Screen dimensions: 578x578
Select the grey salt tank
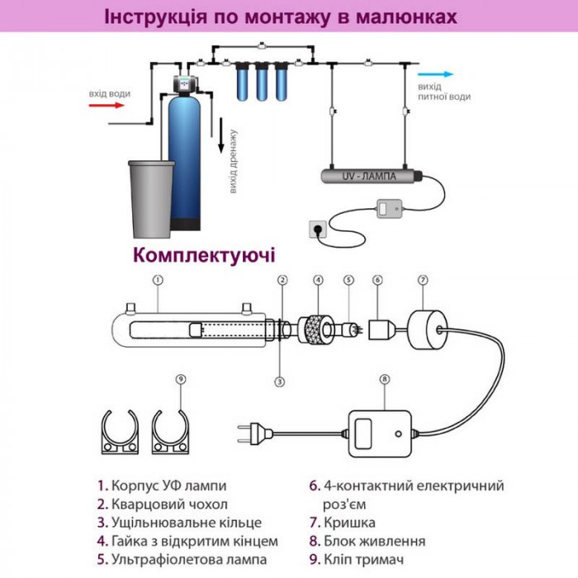[x=152, y=197]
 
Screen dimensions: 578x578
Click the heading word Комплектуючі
[x=204, y=253]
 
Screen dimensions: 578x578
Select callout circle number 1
[x=157, y=280]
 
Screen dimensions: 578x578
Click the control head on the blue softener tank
[x=188, y=83]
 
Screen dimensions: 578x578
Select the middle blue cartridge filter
[x=263, y=83]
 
